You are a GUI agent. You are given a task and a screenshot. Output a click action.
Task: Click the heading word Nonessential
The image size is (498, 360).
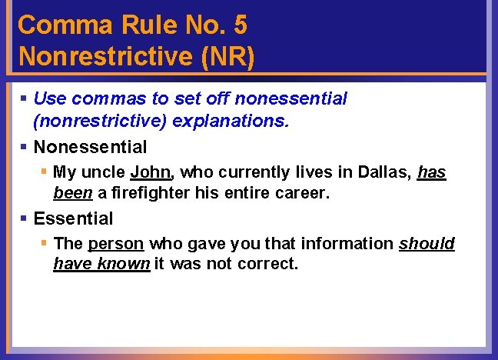[x=90, y=146]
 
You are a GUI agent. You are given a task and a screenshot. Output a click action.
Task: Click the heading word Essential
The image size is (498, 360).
[x=73, y=218]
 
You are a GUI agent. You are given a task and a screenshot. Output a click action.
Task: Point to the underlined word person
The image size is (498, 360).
[x=116, y=244]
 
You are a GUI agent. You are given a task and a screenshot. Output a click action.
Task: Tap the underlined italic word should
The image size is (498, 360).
[x=427, y=244]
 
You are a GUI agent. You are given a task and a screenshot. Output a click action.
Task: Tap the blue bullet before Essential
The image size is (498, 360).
[x=25, y=218]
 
